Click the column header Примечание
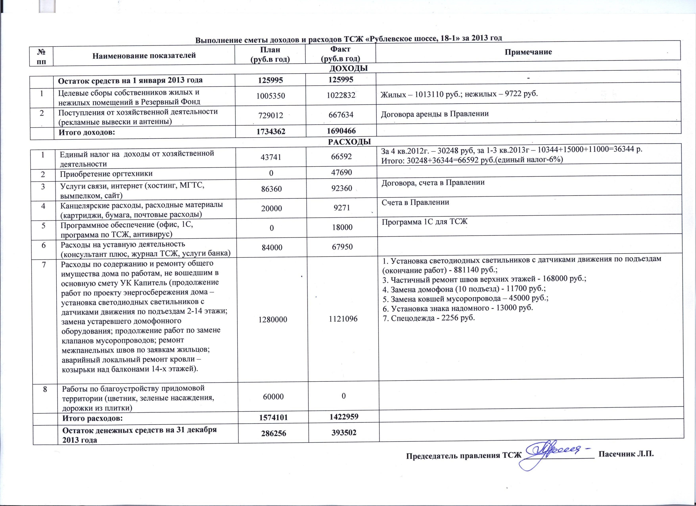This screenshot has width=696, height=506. pyautogui.click(x=528, y=52)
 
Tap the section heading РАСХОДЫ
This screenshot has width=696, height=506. pyautogui.click(x=349, y=142)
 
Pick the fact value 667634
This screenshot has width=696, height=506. pyautogui.click(x=341, y=115)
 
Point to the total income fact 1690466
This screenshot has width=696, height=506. pyautogui.click(x=341, y=131)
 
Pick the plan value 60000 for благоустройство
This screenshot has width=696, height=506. pyautogui.click(x=273, y=396)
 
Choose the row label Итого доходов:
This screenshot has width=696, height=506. pyautogui.click(x=87, y=132)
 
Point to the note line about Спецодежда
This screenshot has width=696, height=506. pyautogui.click(x=428, y=318)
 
